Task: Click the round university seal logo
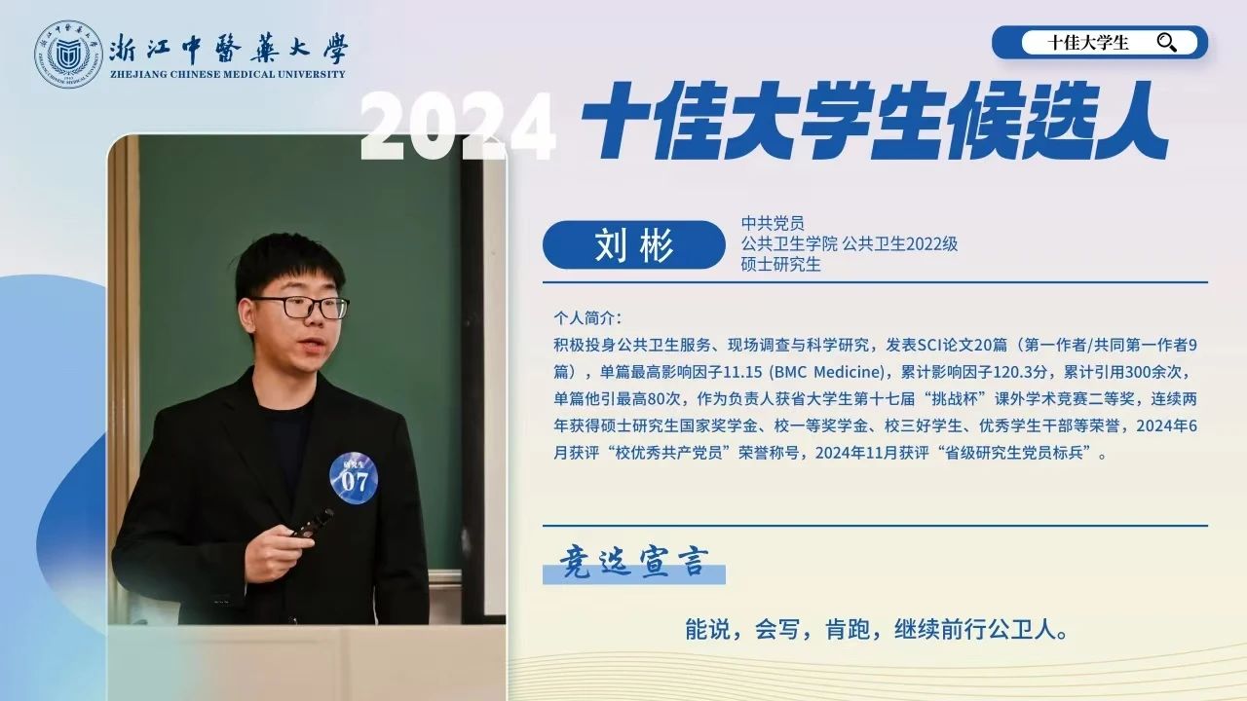pyautogui.click(x=68, y=55)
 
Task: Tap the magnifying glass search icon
pyautogui.click(x=1166, y=43)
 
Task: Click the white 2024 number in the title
pyautogui.click(x=458, y=126)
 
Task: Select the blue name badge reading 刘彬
pyautogui.click(x=633, y=244)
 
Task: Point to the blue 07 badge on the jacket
pyautogui.click(x=354, y=478)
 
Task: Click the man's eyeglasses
pyautogui.click(x=301, y=307)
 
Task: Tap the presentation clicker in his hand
pyautogui.click(x=313, y=523)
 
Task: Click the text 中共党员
pyautogui.click(x=773, y=223)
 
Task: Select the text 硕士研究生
pyautogui.click(x=780, y=264)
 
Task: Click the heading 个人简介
pyautogui.click(x=587, y=318)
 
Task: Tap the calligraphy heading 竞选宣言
pyautogui.click(x=634, y=562)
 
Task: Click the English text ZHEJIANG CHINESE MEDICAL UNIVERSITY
pyautogui.click(x=228, y=74)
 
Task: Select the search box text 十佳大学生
pyautogui.click(x=1088, y=43)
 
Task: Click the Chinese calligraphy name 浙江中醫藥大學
pyautogui.click(x=229, y=49)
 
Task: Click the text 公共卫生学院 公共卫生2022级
pyautogui.click(x=850, y=243)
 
